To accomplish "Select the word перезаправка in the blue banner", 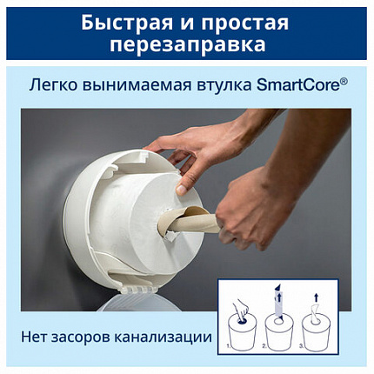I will coord(187,43).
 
